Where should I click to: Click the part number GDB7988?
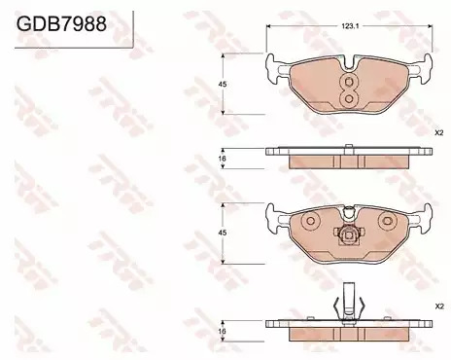click(x=61, y=23)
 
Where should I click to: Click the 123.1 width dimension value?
click(x=349, y=26)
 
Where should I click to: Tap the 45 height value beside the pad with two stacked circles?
click(x=223, y=85)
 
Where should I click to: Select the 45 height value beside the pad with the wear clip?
click(x=223, y=233)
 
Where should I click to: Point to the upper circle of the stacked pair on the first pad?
click(x=349, y=82)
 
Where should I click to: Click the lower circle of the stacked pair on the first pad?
click(x=349, y=98)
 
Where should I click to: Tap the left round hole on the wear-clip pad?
click(x=310, y=221)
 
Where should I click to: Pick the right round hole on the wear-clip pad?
click(x=388, y=221)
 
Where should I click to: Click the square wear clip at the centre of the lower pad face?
click(x=349, y=234)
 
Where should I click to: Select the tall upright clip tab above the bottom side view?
click(x=349, y=300)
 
